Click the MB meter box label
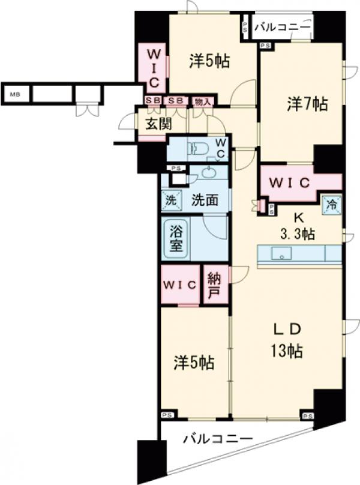[x=15, y=94]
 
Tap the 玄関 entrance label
[x=158, y=124]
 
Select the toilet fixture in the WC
[x=199, y=148]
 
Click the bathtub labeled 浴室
[x=176, y=239]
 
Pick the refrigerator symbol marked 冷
[x=332, y=205]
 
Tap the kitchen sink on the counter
[x=281, y=253]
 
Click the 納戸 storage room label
[x=214, y=285]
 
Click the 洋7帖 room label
[x=307, y=104]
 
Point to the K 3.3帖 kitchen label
[x=298, y=226]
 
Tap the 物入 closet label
[x=203, y=101]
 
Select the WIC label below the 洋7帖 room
[x=289, y=183]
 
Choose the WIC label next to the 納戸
[x=180, y=285]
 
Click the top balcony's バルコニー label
[x=283, y=28]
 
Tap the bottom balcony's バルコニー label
[x=218, y=439]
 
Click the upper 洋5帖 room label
[x=209, y=61]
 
